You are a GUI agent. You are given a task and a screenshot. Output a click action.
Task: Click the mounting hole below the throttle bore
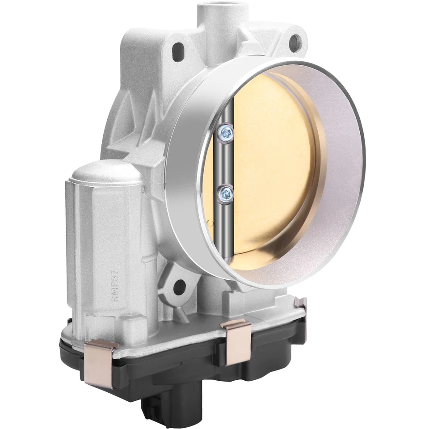(x=180, y=285)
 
